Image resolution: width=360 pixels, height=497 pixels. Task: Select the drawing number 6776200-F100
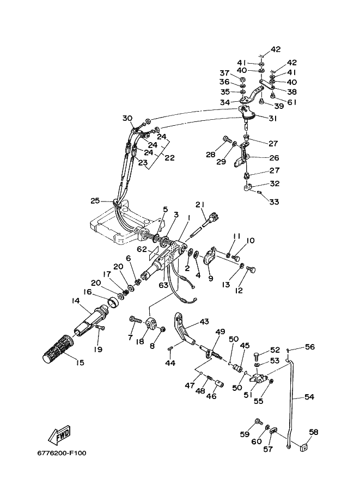[62, 453]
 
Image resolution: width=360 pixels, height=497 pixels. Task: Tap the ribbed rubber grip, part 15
[58, 349]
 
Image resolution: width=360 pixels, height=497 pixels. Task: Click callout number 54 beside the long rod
[309, 396]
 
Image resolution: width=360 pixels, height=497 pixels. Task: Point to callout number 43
[204, 322]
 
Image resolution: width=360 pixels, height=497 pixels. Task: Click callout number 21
[200, 205]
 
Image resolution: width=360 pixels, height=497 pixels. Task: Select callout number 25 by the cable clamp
[95, 201]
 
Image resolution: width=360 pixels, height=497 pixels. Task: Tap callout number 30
[127, 118]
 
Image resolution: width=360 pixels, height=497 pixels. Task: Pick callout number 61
[292, 102]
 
